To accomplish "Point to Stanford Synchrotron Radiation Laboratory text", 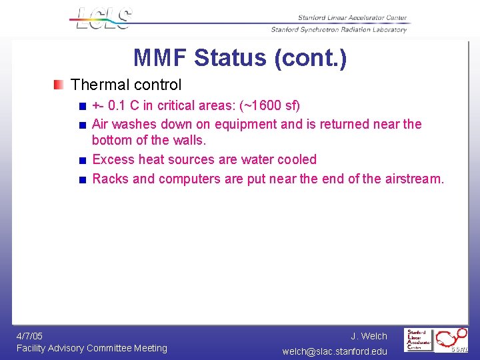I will [339, 29].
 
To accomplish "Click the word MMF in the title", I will [161, 58].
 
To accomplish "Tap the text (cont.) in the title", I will [311, 58].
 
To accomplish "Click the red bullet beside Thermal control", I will [60, 85].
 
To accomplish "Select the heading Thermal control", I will [126, 85].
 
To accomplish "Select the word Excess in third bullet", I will [112, 159].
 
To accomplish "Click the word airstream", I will [414, 179].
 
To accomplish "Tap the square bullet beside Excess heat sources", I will [81, 160].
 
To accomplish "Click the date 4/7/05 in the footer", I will [30, 336].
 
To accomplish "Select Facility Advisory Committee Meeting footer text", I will [92, 348].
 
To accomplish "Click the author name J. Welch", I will [369, 336].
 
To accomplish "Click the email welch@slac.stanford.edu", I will [335, 351].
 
